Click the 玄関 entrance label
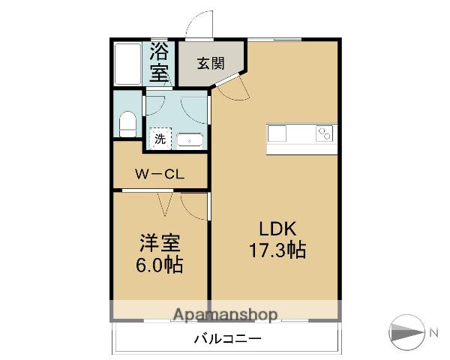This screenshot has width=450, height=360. coord(211,64)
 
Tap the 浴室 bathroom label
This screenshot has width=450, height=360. coord(159,62)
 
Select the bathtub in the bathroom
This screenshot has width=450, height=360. coord(127,64)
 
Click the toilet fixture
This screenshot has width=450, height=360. coord(127,124)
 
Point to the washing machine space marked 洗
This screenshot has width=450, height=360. coord(160,139)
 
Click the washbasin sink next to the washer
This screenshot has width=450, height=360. coord(190,140)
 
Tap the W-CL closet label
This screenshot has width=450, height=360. coord(160,174)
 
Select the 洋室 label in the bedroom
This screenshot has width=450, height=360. coord(160,243)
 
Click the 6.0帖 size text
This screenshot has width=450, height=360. coord(159,265)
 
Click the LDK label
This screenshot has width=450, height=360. coord(277,229)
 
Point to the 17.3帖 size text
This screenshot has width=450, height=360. coord(277,250)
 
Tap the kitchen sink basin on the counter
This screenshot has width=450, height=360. coord(277,133)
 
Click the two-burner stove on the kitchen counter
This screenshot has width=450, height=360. coord(325,133)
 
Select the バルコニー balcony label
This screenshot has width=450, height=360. coord(228,339)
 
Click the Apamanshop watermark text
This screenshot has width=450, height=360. coord(226,314)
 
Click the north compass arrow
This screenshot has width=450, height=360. coord(406,332)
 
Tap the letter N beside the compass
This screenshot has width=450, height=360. coord(433,333)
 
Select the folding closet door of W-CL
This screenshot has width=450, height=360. coord(165,204)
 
